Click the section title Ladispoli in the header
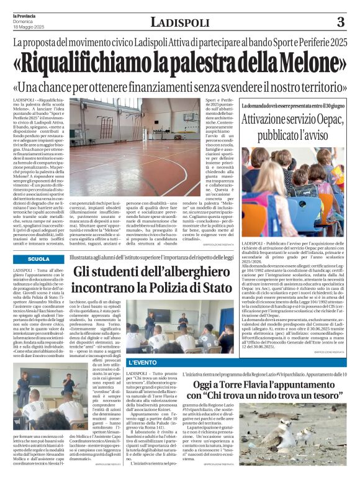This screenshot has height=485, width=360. pos(179,24)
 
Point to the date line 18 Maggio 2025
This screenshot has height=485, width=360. pos(25,27)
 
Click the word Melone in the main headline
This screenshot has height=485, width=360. pos(310,63)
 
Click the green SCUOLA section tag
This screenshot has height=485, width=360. pos(39,258)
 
